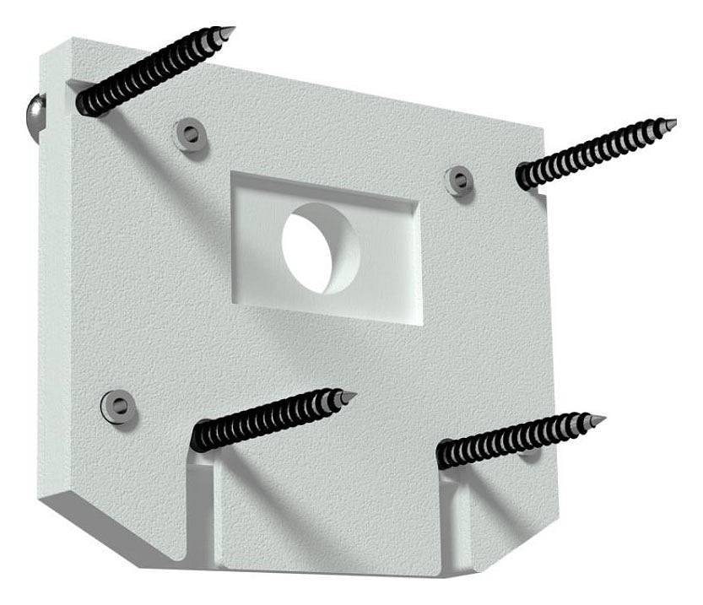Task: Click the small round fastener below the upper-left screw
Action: point(190,133)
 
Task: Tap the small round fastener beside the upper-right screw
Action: point(459,180)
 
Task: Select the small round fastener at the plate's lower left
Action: point(117,406)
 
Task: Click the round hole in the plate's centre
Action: point(321,248)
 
